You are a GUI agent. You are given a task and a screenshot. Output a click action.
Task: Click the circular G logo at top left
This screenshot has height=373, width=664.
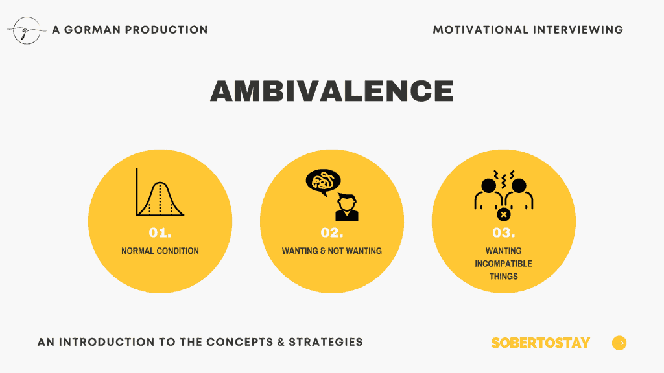[27, 30]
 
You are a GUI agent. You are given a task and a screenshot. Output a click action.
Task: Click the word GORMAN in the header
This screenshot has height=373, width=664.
[92, 30]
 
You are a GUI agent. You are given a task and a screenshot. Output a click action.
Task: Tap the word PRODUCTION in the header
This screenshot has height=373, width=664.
[167, 30]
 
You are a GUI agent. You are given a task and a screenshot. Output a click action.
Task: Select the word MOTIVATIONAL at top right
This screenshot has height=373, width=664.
[480, 30]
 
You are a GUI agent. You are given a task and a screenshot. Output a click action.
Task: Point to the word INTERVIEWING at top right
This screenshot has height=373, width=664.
[578, 30]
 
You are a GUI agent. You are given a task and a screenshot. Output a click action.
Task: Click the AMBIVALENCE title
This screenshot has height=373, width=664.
[332, 91]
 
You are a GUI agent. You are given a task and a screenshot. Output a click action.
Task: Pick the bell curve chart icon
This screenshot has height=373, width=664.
[160, 192]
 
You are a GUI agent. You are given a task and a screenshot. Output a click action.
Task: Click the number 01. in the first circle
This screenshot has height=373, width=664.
[160, 232]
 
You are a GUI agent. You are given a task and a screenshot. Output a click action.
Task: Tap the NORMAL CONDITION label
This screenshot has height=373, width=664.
[160, 251]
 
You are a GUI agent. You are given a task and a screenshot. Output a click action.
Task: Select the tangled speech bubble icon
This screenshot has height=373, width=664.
[323, 182]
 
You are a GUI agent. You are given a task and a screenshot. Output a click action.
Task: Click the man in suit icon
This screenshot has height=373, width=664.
[347, 207]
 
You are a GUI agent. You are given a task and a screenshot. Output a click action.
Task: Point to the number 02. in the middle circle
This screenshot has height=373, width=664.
[332, 232]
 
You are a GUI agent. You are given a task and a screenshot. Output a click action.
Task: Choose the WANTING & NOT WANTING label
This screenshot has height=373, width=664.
[332, 251]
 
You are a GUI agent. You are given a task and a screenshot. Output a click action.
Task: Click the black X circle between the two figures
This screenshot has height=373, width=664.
[503, 214]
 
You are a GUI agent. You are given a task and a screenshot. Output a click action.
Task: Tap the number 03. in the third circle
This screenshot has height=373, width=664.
[503, 232]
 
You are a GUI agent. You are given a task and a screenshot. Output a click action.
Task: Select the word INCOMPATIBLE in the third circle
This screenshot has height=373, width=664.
[503, 264]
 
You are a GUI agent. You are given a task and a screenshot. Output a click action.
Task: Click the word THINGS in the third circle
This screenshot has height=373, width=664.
[503, 276]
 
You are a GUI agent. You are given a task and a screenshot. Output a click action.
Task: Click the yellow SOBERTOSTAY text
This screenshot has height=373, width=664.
[540, 343]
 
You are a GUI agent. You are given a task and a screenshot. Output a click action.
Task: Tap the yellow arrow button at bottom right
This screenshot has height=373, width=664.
[619, 343]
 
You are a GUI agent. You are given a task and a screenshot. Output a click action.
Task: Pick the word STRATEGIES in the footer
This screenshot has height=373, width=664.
[326, 342]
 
